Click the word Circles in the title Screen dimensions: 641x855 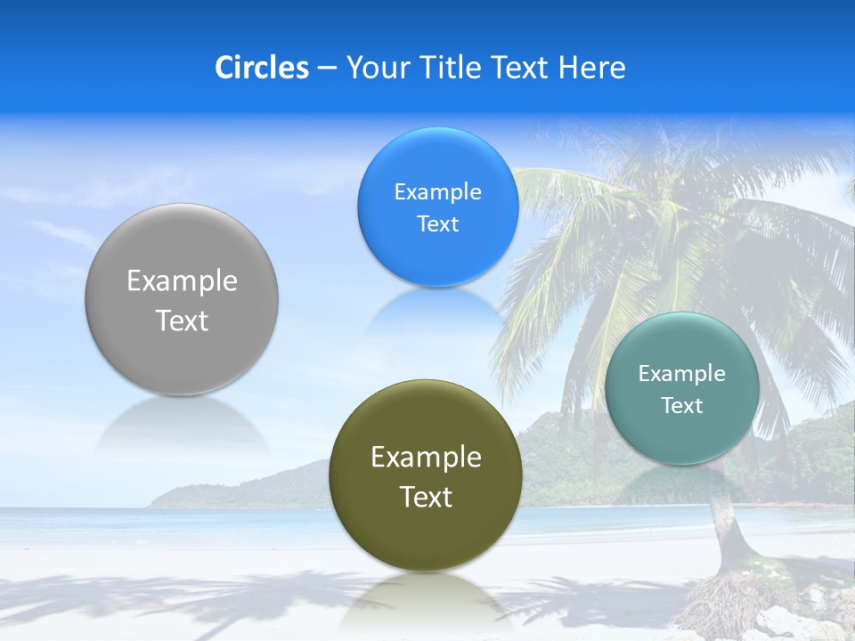(262, 68)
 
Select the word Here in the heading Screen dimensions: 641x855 (592, 68)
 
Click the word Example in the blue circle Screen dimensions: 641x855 (437, 192)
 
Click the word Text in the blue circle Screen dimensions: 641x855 (437, 224)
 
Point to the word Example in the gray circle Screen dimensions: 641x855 (182, 281)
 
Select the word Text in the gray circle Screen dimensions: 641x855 (182, 320)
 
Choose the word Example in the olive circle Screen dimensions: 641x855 (426, 458)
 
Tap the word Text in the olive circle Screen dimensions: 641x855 (426, 497)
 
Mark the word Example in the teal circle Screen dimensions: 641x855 (681, 374)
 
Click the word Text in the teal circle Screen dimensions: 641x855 (681, 406)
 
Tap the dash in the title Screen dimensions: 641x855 (327, 69)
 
